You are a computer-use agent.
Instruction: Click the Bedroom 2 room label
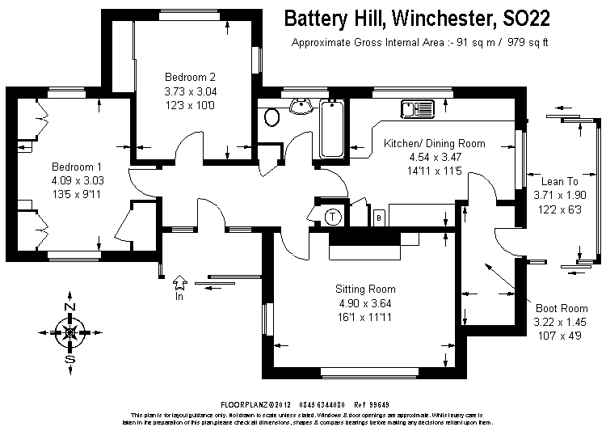pos(190,77)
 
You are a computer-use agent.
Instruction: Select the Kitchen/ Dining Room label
pos(435,143)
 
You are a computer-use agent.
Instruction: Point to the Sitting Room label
pos(366,289)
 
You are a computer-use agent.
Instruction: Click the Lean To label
pos(558,181)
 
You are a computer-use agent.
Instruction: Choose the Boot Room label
pos(562,308)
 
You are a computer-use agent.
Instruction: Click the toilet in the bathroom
pos(271,118)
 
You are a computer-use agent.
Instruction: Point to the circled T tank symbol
pos(334,217)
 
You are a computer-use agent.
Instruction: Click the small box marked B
pos(378,217)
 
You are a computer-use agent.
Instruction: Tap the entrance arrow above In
pos(179,281)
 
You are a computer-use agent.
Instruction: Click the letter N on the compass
pos(69,308)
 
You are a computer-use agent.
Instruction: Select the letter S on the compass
pos(69,359)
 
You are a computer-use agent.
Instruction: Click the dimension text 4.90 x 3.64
pos(366,303)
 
